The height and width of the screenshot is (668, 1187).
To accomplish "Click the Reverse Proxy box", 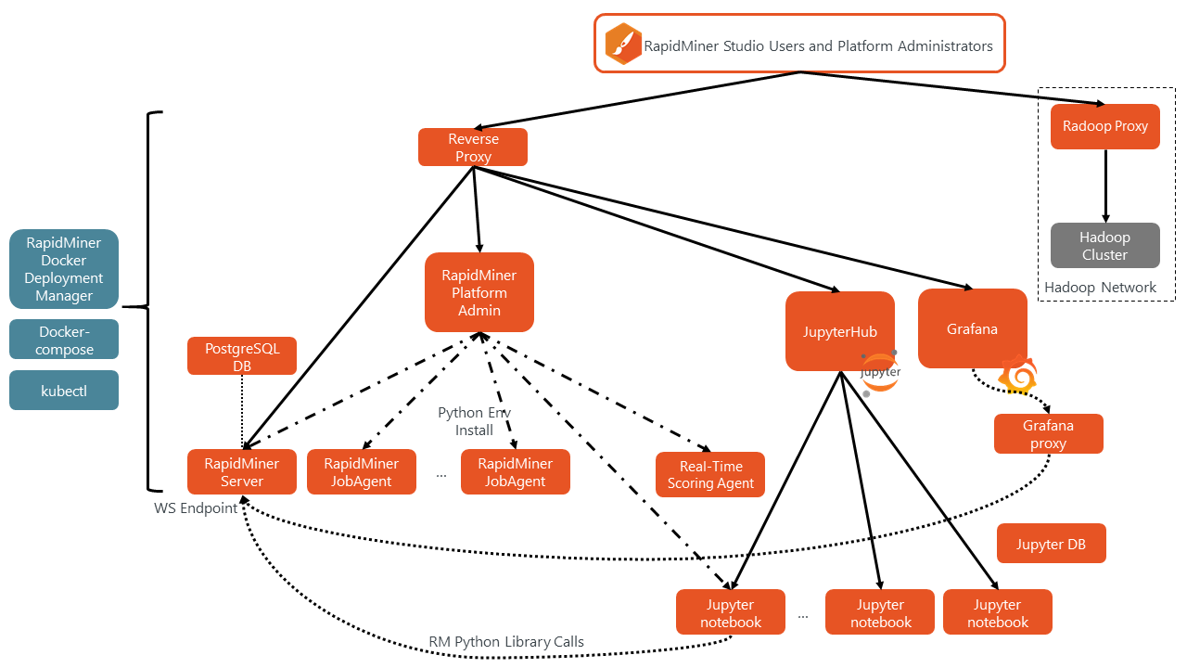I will click(473, 148).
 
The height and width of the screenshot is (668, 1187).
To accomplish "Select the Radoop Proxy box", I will click(1104, 126).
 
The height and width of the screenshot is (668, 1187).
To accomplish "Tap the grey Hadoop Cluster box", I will click(1104, 246).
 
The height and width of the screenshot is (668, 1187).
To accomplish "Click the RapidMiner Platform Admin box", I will click(479, 292).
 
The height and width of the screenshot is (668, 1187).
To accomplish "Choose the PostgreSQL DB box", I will click(242, 356).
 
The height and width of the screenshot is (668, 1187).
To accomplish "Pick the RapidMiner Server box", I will click(242, 472).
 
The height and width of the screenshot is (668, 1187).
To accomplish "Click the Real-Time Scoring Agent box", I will click(710, 474).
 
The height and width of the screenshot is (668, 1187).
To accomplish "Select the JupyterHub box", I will click(839, 331).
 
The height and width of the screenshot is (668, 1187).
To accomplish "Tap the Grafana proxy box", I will click(1048, 434).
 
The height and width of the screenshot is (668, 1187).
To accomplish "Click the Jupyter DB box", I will click(1051, 544).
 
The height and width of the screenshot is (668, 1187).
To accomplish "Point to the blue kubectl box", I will click(64, 391).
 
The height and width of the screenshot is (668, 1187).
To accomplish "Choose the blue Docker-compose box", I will click(64, 340).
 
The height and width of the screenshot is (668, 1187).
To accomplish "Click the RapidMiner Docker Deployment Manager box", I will click(64, 269).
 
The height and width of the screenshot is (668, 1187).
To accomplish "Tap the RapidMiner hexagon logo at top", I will click(623, 45).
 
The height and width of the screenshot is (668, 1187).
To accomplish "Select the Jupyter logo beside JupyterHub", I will click(880, 372).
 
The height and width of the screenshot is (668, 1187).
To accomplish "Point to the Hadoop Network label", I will click(1100, 288).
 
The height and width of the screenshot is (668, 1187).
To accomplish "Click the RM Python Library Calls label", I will click(506, 642).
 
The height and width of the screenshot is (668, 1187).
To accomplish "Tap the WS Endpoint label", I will click(196, 508).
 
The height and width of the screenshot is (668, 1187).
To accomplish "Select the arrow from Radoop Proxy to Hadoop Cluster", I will click(1104, 186).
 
